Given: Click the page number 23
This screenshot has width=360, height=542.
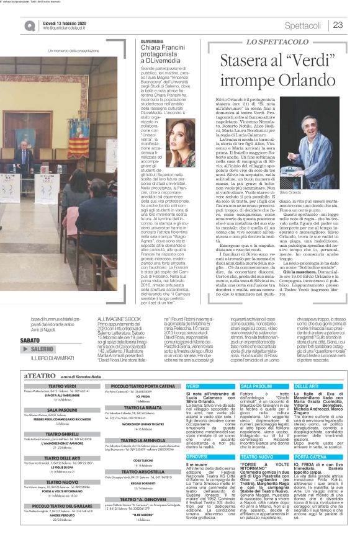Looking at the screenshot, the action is point(338,25).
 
